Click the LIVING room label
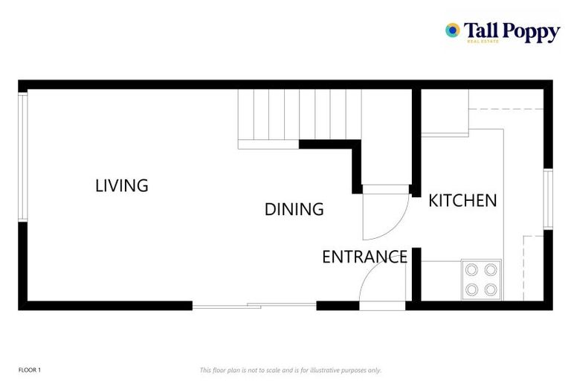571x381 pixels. pos(122,185)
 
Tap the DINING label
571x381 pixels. pos(294,209)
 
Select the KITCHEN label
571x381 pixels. pos(462,200)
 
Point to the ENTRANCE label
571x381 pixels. pos(364,257)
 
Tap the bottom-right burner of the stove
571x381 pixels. pos(490,289)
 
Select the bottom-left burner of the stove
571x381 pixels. pos(472,289)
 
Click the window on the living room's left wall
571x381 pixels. pos(23,156)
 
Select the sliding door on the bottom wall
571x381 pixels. pos(254,305)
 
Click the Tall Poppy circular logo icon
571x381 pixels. pos(452,30)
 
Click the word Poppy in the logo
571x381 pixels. pos(530,31)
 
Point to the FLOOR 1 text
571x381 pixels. pos(30,370)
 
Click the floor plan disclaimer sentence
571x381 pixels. pos(291,370)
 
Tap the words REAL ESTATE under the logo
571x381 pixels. pos(483,42)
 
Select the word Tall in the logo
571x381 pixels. pos(481,30)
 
